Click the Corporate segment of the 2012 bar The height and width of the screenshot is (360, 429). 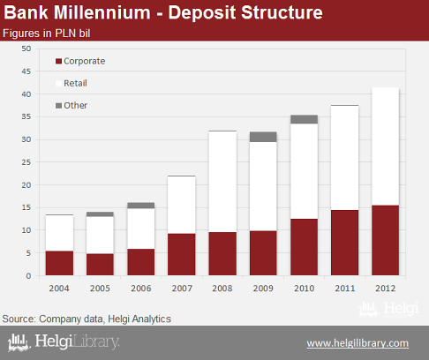click(385, 240)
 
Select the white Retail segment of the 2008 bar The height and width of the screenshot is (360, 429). click(222, 182)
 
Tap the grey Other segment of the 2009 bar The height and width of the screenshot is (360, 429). click(263, 137)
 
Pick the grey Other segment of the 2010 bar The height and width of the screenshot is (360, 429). click(304, 119)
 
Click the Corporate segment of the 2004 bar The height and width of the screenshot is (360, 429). click(59, 263)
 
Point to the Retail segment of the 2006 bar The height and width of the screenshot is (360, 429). click(141, 229)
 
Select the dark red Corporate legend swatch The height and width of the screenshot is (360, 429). click(58, 61)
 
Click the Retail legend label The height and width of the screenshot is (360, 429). click(75, 83)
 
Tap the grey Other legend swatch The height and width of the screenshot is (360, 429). click(58, 105)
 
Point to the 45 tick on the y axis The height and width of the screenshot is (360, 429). click(26, 71)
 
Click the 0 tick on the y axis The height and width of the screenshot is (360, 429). click(28, 276)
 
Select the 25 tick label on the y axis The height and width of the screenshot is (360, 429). click(26, 162)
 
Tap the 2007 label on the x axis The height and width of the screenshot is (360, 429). click(182, 289)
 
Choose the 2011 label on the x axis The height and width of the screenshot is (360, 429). click(345, 289)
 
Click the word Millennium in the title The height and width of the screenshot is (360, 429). click(102, 12)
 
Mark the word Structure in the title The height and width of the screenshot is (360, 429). click(282, 12)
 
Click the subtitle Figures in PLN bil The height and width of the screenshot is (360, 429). click(47, 34)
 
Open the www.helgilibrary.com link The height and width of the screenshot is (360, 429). click(357, 343)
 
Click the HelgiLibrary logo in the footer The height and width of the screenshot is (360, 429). click(64, 342)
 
